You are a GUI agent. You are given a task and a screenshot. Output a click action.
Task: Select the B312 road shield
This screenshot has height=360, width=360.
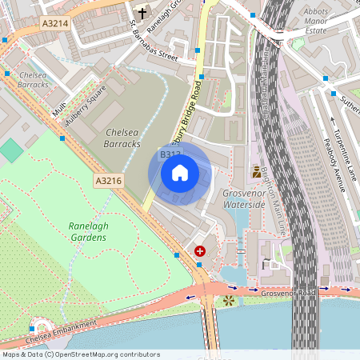[170, 154]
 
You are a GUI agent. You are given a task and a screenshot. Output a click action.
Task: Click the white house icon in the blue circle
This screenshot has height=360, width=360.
[180, 173]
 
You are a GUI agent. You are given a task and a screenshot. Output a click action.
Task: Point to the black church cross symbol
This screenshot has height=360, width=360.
[142, 13]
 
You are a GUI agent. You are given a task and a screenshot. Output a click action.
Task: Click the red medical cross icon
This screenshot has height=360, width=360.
[199, 251]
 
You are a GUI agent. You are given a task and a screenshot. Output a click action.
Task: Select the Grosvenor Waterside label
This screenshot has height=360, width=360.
[243, 199]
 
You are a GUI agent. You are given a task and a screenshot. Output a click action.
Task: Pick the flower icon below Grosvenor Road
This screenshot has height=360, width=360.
[230, 301]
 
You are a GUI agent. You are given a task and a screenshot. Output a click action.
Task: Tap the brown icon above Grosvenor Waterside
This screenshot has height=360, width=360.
[257, 171]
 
